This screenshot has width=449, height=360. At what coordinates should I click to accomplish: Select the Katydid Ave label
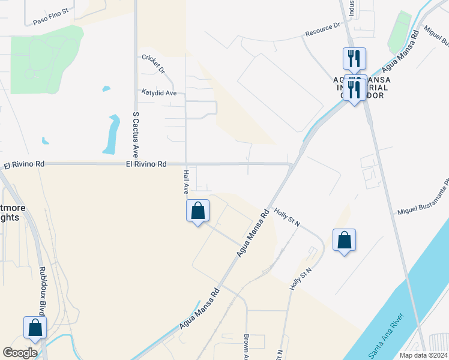pos(159,93)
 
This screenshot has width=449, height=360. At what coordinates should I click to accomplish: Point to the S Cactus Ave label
pos(136,133)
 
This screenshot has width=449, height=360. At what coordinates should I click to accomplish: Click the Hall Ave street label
pos(186,182)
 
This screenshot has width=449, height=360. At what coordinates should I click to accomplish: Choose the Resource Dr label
pos(322,29)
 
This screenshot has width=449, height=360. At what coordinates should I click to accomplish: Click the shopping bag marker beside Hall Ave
pos(198,211)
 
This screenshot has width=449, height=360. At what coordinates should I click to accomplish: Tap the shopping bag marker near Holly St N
pos(344,240)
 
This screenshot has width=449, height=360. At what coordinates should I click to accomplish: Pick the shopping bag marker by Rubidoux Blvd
pos(35,328)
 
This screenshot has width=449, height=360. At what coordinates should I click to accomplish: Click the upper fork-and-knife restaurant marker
pos(354,59)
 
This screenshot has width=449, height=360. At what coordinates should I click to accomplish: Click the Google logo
pos(20,353)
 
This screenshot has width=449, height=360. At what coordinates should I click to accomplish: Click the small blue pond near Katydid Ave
pos(106,89)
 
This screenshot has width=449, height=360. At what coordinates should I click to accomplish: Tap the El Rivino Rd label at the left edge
pos(24,164)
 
